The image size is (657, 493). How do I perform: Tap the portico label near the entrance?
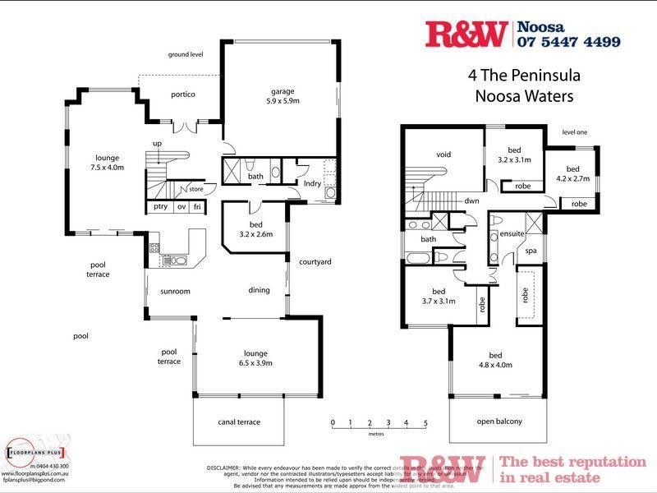tap(183, 94)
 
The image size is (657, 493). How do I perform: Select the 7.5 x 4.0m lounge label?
tap(108, 162)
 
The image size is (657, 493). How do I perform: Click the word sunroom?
tap(175, 291)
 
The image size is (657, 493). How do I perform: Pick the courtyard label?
tap(315, 262)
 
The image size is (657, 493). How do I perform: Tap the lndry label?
tap(312, 183)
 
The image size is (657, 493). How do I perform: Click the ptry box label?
tap(160, 207)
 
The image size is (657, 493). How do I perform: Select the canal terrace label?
tap(238, 422)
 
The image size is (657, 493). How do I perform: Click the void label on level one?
tap(443, 154)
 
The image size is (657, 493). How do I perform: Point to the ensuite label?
tap(512, 234)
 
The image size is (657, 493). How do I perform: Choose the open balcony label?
tap(499, 422)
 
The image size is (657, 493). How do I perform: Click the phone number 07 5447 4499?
tap(568, 40)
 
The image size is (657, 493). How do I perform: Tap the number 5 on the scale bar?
tap(425, 423)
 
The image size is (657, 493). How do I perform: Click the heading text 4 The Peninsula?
tap(524, 76)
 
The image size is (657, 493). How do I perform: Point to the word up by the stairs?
tap(156, 145)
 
